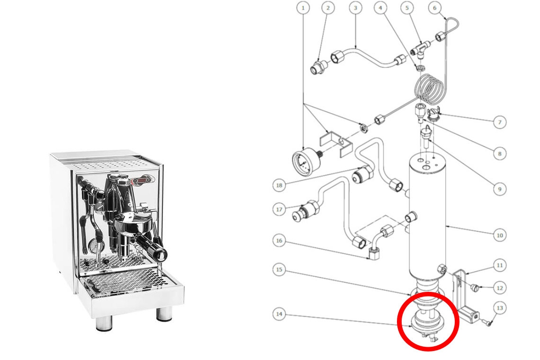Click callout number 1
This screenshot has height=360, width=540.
(x=303, y=8)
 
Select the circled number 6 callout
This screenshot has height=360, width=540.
(x=435, y=8)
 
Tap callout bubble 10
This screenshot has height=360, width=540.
(x=500, y=235)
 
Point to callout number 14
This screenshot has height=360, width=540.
(x=279, y=314)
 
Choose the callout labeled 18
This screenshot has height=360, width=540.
(x=279, y=185)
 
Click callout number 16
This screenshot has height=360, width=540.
(x=279, y=241)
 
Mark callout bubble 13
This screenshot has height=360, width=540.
(x=500, y=308)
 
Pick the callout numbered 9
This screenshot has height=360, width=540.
(x=500, y=189)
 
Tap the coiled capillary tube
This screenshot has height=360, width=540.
(x=429, y=89)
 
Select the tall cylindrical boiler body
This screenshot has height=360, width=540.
(x=427, y=217)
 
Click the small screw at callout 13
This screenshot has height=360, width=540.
(x=488, y=323)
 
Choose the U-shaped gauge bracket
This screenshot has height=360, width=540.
(x=336, y=144)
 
